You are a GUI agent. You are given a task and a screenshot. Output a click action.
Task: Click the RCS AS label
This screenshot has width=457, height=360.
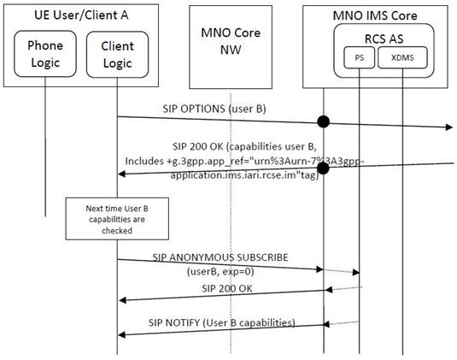point(384,38)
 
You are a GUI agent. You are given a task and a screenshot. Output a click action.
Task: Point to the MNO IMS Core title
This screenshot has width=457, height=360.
point(375,15)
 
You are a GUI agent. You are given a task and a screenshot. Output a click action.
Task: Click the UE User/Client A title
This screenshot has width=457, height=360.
point(81,15)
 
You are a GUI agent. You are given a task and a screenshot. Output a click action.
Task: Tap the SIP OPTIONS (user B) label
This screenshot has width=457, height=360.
point(214,109)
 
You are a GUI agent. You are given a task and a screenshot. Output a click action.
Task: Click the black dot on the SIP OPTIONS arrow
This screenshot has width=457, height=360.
point(323,121)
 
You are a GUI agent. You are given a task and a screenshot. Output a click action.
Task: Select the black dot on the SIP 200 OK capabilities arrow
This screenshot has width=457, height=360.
point(323,168)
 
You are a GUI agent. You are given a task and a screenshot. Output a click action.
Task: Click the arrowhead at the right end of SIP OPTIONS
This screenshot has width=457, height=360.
point(449,127)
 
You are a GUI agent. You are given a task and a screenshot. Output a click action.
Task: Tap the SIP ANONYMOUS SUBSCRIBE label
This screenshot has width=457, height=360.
point(220,257)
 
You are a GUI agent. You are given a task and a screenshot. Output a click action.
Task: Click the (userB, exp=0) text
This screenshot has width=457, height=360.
point(220,272)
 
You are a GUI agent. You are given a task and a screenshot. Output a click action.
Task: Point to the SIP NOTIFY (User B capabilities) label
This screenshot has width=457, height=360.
point(222,322)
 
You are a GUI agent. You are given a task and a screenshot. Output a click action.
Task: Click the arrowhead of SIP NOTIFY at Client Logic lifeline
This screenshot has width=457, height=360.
point(122,335)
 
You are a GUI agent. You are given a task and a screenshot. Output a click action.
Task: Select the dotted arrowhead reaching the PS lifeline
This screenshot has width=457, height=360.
point(356,273)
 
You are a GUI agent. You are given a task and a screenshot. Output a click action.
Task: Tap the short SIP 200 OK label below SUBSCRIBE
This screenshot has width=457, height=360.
point(227,288)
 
